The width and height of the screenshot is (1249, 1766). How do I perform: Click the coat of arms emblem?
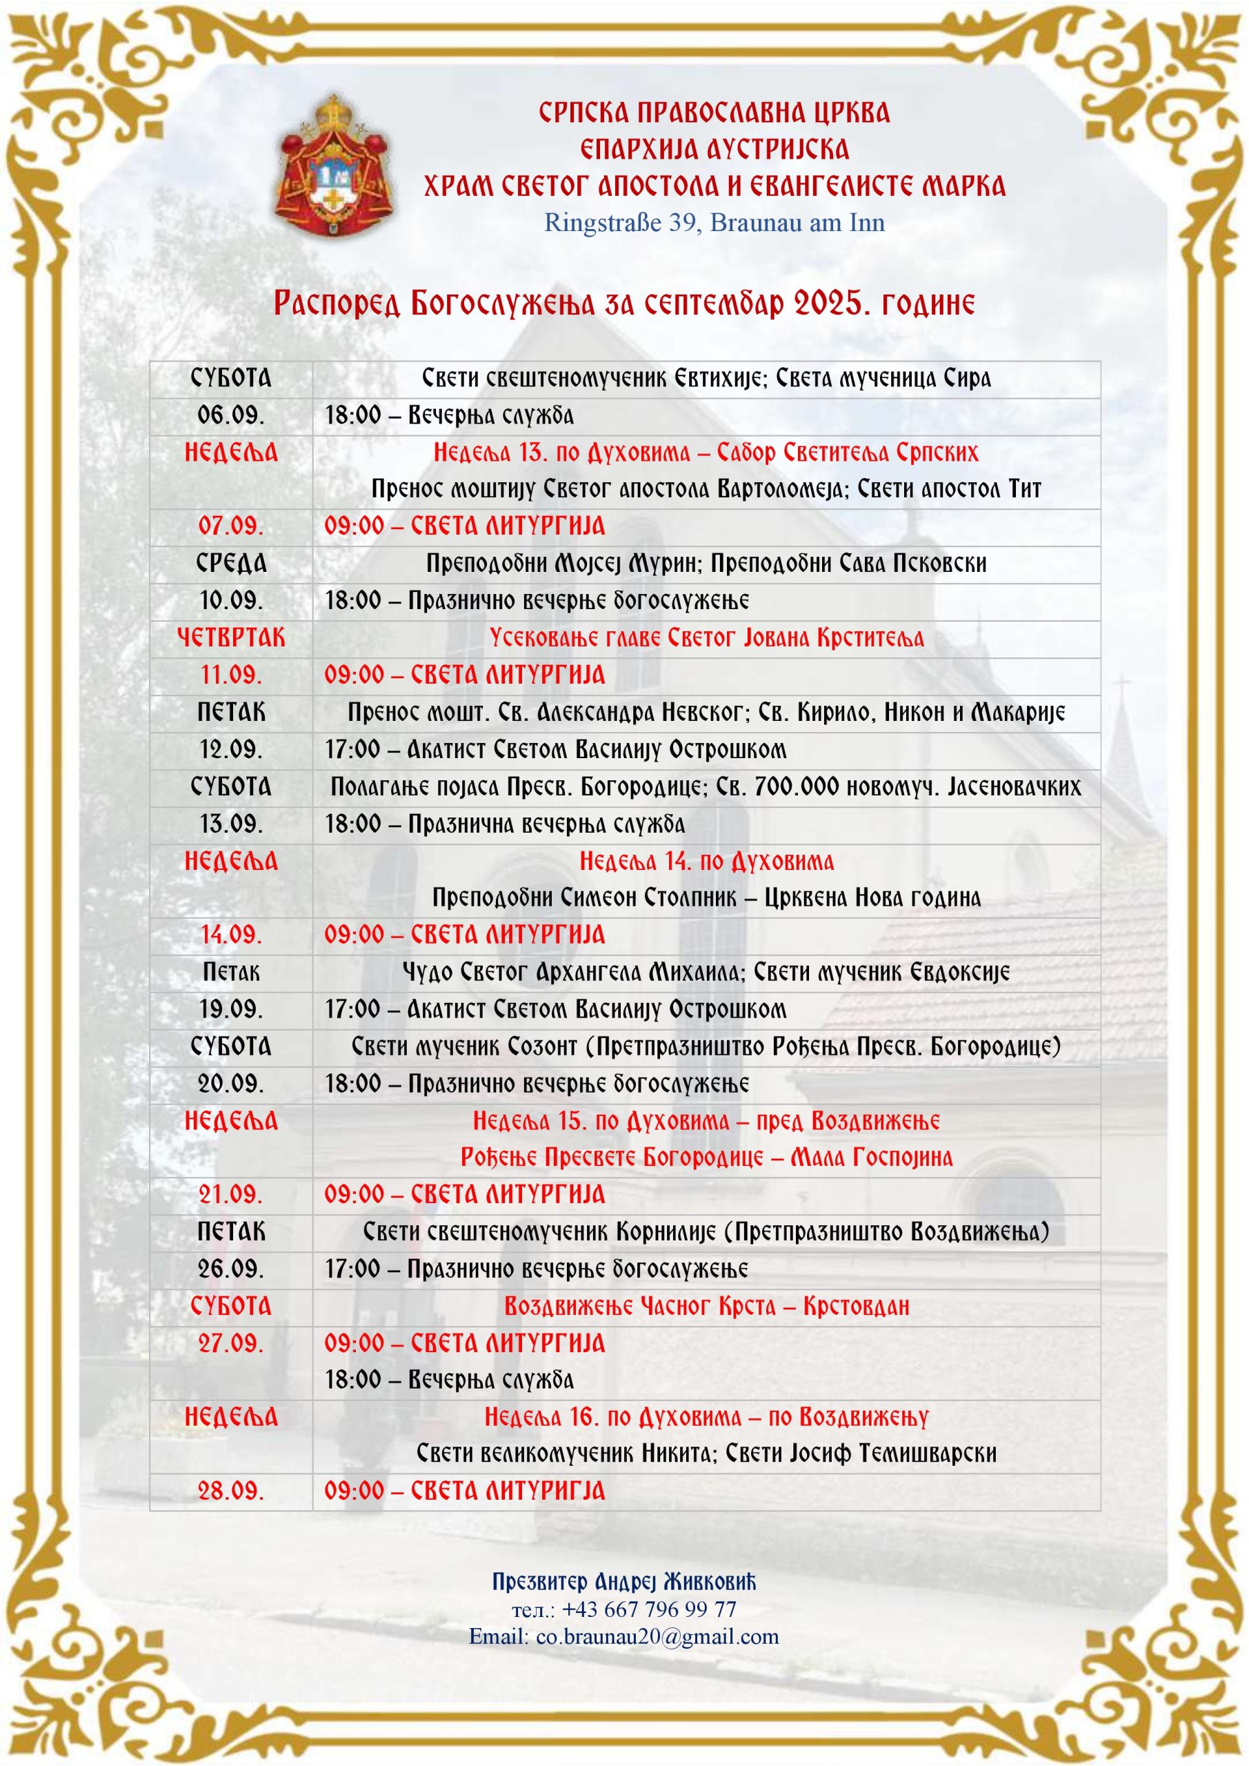tap(334, 167)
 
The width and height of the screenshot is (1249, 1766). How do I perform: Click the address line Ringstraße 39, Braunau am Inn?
tap(714, 223)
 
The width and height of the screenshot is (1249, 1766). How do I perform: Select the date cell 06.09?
tap(231, 415)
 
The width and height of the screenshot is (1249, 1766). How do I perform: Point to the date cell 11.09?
tap(231, 675)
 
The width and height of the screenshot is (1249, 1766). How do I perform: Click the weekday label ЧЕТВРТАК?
tap(231, 637)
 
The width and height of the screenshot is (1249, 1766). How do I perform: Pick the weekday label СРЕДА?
tap(231, 564)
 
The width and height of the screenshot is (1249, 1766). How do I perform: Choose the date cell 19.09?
tap(231, 1009)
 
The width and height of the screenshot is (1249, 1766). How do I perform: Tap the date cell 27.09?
tap(231, 1343)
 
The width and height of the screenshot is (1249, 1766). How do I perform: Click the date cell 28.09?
tap(231, 1491)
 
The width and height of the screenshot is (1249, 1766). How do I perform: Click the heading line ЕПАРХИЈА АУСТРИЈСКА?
tap(714, 148)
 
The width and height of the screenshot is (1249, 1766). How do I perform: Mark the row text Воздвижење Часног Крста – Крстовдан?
tap(706, 1306)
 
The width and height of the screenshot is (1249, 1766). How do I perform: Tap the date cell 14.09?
tap(231, 935)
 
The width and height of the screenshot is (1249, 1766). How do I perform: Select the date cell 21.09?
tap(231, 1195)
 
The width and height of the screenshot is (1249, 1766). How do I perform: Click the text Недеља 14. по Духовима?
tap(706, 861)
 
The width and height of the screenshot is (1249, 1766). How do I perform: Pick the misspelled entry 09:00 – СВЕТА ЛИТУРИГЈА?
tap(465, 1491)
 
